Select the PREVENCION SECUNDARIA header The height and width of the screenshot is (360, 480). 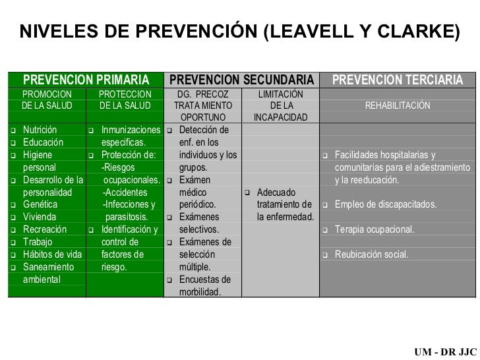click(x=241, y=80)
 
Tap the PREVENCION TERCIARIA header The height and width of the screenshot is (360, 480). click(x=397, y=80)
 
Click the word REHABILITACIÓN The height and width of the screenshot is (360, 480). click(x=399, y=105)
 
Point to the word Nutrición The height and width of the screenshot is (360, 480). click(x=40, y=129)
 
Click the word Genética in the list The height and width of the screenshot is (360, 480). click(x=40, y=204)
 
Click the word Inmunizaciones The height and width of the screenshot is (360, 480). click(x=131, y=129)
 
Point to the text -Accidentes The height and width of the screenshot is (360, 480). click(x=125, y=192)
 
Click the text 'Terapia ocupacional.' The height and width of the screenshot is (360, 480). click(x=375, y=229)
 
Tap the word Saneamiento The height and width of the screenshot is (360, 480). click(x=48, y=267)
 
